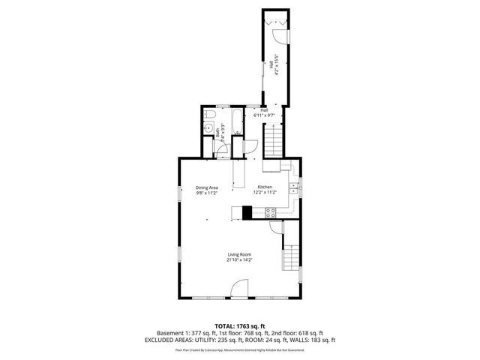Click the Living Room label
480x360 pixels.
click(x=240, y=254)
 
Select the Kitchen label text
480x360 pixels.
click(x=265, y=187)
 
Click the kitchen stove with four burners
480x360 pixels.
click(x=269, y=213)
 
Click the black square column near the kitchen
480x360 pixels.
click(x=247, y=212)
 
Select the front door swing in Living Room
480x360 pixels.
click(x=239, y=289)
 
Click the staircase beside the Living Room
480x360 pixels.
click(x=291, y=259)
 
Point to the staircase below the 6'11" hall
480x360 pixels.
click(x=272, y=139)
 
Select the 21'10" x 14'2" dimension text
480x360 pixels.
click(x=240, y=259)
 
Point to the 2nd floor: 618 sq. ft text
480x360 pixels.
click(x=301, y=333)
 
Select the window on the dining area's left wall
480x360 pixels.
click(x=178, y=192)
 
